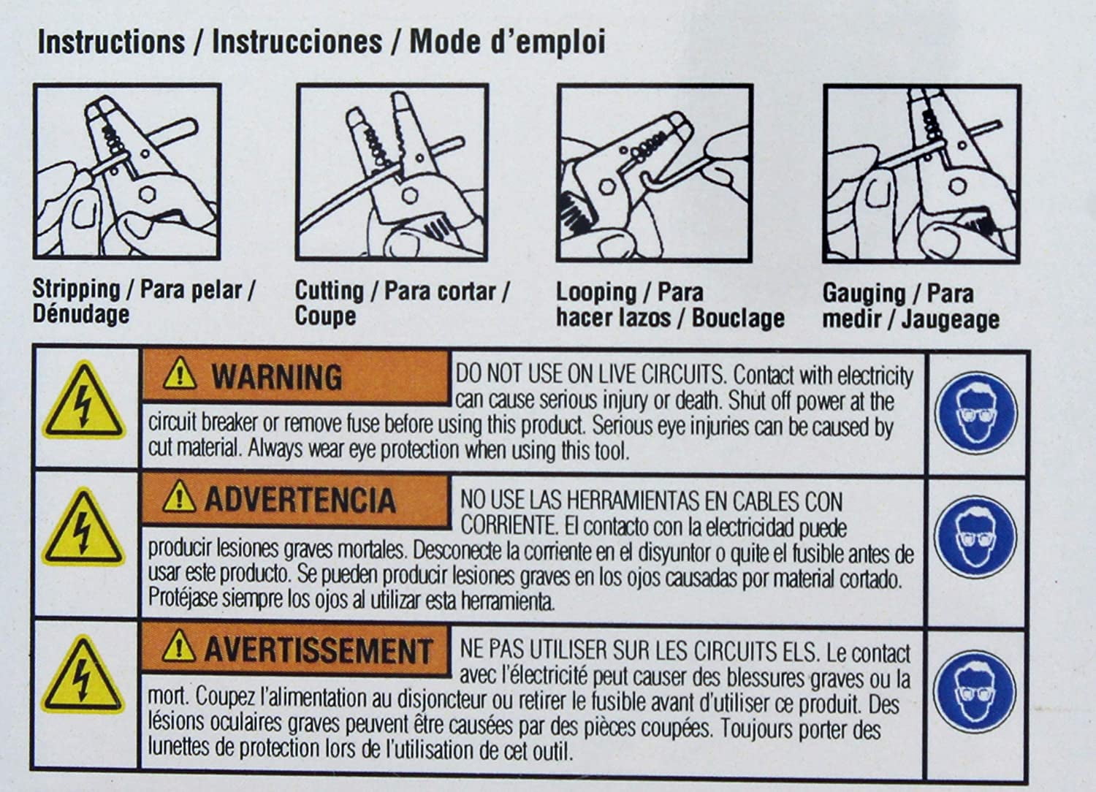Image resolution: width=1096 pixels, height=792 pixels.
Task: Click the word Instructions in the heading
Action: tap(112, 42)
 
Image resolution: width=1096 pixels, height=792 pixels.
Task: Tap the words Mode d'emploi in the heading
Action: tap(507, 42)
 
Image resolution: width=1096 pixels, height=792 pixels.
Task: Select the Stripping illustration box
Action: tap(127, 171)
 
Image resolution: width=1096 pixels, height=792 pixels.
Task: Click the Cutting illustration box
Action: tap(392, 172)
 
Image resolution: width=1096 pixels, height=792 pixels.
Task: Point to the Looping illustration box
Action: tap(655, 173)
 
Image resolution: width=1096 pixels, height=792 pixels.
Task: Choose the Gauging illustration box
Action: tap(922, 174)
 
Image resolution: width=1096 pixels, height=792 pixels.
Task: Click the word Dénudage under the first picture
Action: tap(81, 314)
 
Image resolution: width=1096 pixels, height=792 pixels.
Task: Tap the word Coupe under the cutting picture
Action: tap(325, 316)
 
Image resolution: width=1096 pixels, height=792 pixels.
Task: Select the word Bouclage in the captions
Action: tap(738, 319)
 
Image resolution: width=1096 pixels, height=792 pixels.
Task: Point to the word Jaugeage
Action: tap(950, 320)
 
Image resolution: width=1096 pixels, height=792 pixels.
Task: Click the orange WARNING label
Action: tap(296, 377)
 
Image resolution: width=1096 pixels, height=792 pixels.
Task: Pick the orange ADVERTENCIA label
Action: tap(296, 500)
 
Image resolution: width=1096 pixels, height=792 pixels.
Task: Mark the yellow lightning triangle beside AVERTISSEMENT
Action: tap(82, 676)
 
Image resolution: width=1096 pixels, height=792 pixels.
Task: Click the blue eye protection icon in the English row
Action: tap(976, 412)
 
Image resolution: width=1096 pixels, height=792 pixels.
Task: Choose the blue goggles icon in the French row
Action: tap(974, 690)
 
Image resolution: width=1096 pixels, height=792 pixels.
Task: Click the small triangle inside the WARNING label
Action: tap(180, 374)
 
